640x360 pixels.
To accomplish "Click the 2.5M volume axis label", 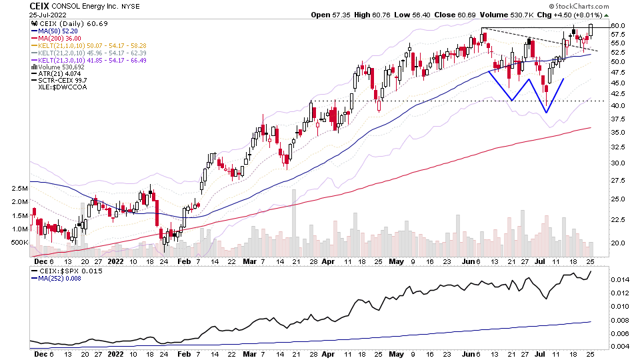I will point(19,189).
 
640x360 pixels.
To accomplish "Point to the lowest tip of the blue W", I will point(546,111).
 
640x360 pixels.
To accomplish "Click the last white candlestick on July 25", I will point(591,30).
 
